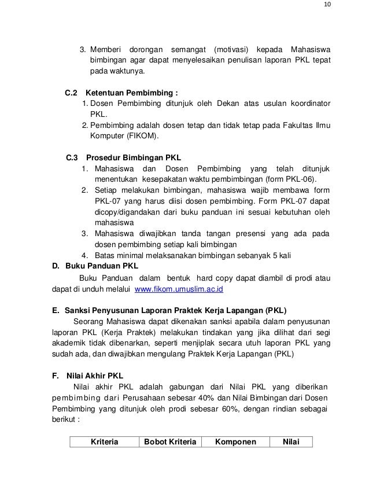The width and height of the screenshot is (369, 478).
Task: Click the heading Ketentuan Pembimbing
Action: click(132, 93)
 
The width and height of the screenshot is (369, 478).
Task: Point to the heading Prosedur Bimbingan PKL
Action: click(133, 157)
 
